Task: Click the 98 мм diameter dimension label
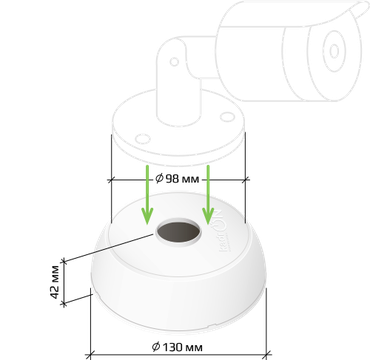[x=177, y=179]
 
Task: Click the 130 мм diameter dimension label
[x=177, y=347]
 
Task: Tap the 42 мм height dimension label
[x=55, y=282]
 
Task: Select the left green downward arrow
[x=147, y=195]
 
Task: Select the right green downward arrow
[x=208, y=195]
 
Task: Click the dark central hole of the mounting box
[x=179, y=232]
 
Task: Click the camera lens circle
[x=334, y=51]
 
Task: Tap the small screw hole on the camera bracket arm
[x=174, y=62]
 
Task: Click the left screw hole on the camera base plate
[x=143, y=139]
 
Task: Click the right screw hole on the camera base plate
[x=228, y=117]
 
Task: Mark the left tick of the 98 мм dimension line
[x=111, y=180]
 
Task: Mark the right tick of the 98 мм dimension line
[x=245, y=180]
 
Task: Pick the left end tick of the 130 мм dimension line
[x=90, y=354]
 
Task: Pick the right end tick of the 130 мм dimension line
[x=267, y=354]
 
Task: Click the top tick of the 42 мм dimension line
[x=64, y=261]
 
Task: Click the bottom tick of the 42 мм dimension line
[x=64, y=303]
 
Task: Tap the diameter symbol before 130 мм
[x=156, y=347]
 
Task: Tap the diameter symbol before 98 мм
[x=159, y=179]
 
